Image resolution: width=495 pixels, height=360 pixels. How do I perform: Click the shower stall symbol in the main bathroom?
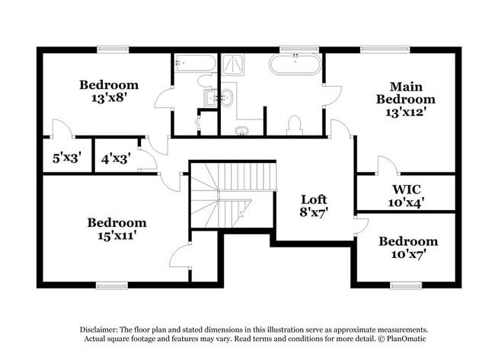[x=233, y=65]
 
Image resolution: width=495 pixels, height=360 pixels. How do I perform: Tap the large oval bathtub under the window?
[x=295, y=65]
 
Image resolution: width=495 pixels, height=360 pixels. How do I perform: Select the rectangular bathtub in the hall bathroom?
[x=195, y=63]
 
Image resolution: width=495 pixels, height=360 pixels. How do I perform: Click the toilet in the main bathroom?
[x=295, y=126]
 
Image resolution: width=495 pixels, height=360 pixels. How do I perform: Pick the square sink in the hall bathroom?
[x=210, y=98]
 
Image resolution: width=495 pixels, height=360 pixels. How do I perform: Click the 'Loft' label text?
[x=314, y=199]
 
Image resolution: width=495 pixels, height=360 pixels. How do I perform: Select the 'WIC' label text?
[x=407, y=190]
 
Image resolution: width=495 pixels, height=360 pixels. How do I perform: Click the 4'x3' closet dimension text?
[x=116, y=158]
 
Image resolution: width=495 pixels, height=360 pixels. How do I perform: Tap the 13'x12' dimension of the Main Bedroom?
[x=406, y=112]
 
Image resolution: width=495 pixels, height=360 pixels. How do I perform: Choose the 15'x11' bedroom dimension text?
[x=117, y=235]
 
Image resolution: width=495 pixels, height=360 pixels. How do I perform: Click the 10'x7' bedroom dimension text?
[x=408, y=253]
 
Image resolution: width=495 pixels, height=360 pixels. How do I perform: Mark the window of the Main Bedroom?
[x=385, y=49]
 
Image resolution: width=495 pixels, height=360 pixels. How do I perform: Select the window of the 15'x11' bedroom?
[x=112, y=285]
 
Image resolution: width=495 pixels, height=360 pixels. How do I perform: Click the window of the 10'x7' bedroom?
[x=406, y=285]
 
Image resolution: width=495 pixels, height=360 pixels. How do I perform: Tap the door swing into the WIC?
[x=388, y=164]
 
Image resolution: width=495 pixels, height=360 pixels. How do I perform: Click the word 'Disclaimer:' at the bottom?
[x=99, y=330]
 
